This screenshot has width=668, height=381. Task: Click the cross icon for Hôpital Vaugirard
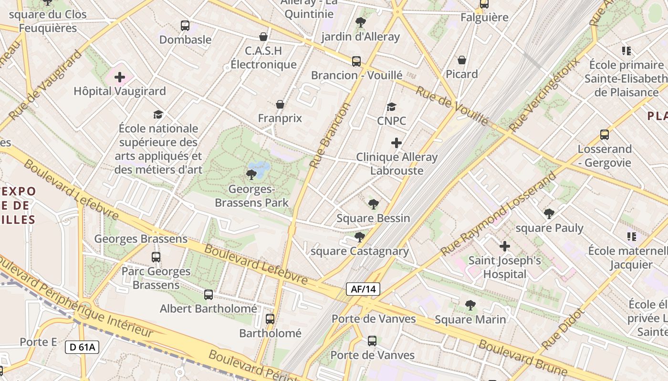(x=120, y=77)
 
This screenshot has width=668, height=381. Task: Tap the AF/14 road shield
(x=363, y=289)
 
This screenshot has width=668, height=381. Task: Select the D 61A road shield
(x=82, y=347)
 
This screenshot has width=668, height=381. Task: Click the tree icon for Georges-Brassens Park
(x=251, y=175)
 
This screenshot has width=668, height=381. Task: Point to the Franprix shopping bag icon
(x=280, y=104)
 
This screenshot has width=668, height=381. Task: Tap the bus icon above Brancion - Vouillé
(x=356, y=61)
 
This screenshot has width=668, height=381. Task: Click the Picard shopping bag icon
(x=462, y=60)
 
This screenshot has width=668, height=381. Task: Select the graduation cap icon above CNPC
(x=391, y=107)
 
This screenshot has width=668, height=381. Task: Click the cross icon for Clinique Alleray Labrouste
(x=397, y=143)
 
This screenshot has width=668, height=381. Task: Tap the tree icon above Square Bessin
(x=374, y=204)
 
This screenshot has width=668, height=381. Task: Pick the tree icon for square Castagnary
(x=360, y=237)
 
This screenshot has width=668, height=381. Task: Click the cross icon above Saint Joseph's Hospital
(x=505, y=246)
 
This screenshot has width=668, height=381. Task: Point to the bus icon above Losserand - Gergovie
(x=605, y=135)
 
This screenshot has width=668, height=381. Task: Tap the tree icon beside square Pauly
(x=549, y=214)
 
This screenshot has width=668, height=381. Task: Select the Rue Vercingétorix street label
(x=544, y=95)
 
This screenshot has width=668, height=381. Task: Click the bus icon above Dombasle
(x=185, y=26)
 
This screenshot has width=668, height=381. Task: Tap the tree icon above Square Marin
(x=470, y=305)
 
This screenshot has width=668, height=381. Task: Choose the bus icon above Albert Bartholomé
(x=209, y=295)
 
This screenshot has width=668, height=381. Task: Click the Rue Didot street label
(x=563, y=329)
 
